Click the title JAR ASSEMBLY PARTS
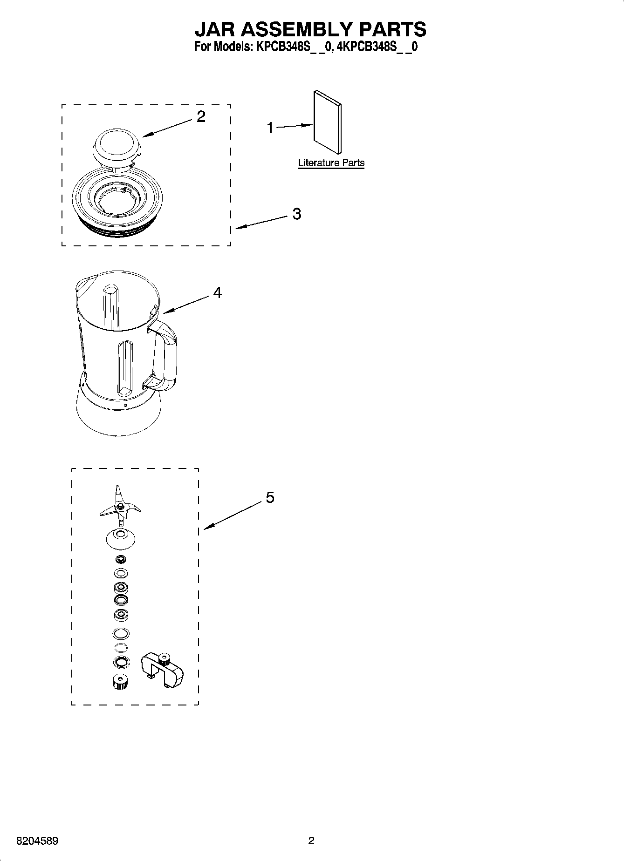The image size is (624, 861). pyautogui.click(x=310, y=29)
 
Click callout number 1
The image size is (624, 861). pyautogui.click(x=270, y=128)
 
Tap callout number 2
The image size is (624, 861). pyautogui.click(x=201, y=116)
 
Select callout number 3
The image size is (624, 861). pyautogui.click(x=296, y=214)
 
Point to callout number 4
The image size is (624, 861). pyautogui.click(x=217, y=292)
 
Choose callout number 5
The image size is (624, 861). pyautogui.click(x=270, y=497)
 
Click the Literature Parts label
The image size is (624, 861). pyautogui.click(x=331, y=163)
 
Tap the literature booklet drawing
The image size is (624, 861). pyautogui.click(x=327, y=122)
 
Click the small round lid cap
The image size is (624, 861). pyautogui.click(x=117, y=145)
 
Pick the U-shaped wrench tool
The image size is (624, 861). pyautogui.click(x=162, y=670)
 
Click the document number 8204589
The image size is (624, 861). pyautogui.click(x=37, y=841)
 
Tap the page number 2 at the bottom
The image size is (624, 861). pyautogui.click(x=311, y=841)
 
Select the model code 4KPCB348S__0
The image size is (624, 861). pyautogui.click(x=377, y=47)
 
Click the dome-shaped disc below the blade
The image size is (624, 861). pyautogui.click(x=120, y=538)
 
